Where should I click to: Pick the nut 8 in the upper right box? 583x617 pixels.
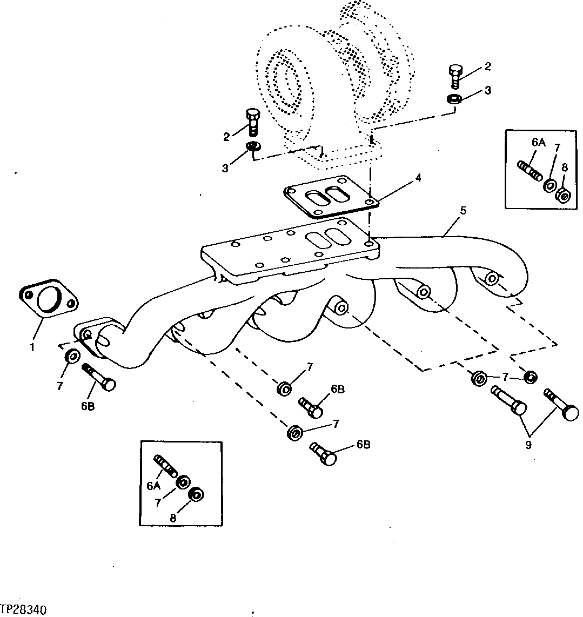563,195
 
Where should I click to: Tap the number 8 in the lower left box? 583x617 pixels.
173,517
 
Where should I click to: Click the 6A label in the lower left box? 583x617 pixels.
153,486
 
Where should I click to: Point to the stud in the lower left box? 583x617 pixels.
165,466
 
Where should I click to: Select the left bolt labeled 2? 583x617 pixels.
252,122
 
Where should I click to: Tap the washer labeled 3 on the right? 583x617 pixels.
454,99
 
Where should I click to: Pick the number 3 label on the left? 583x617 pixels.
226,168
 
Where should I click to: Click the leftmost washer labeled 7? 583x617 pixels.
71,357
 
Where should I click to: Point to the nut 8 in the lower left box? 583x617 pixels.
195,495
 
